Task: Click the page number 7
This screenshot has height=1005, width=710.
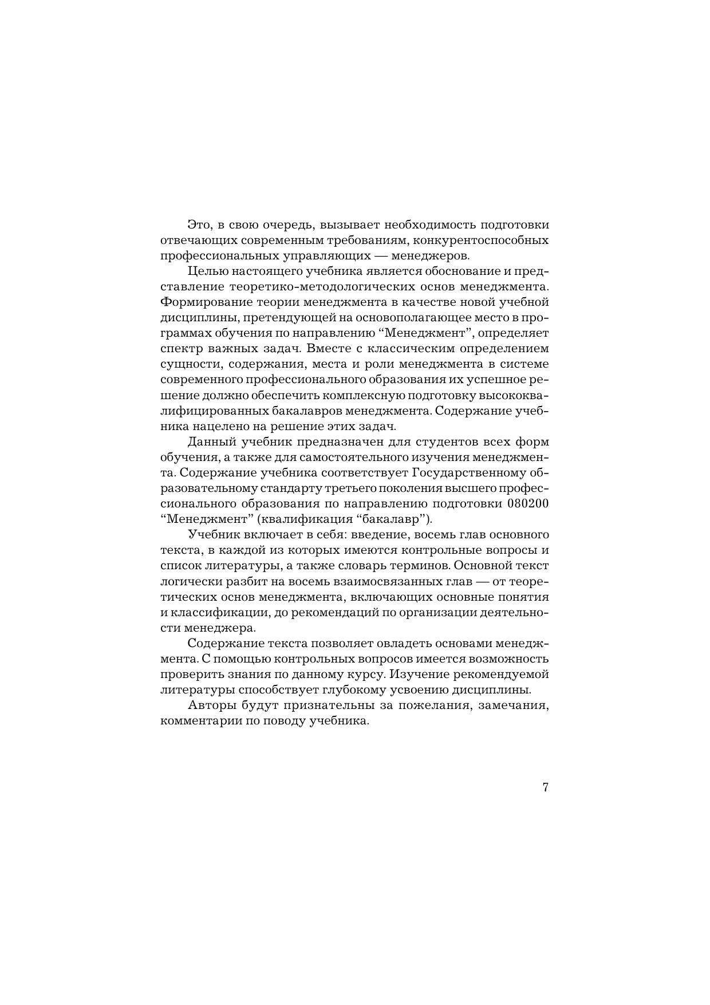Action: (x=545, y=787)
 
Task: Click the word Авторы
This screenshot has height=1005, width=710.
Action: (x=210, y=706)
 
